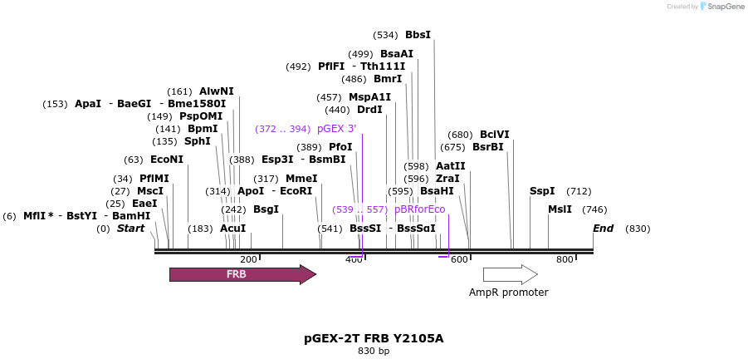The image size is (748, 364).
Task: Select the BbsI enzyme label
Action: coord(418,35)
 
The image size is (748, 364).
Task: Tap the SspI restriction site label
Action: coord(541,191)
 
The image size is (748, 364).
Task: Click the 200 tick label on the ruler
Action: coord(248,260)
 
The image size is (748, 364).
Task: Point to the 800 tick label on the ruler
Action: coord(565,260)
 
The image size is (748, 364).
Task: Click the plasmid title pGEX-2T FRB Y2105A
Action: coord(374,338)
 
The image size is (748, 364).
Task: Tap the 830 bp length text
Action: coord(374,351)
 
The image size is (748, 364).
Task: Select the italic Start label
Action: coord(130,229)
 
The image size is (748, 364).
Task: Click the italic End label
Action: coord(604,229)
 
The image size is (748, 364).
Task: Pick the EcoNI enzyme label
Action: coord(167,160)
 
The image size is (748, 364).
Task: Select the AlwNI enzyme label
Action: coord(217,91)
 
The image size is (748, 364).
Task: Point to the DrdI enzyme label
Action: coord(369,110)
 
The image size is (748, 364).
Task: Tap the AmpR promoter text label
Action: coord(508,293)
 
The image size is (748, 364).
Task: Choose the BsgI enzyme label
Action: coord(266,209)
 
